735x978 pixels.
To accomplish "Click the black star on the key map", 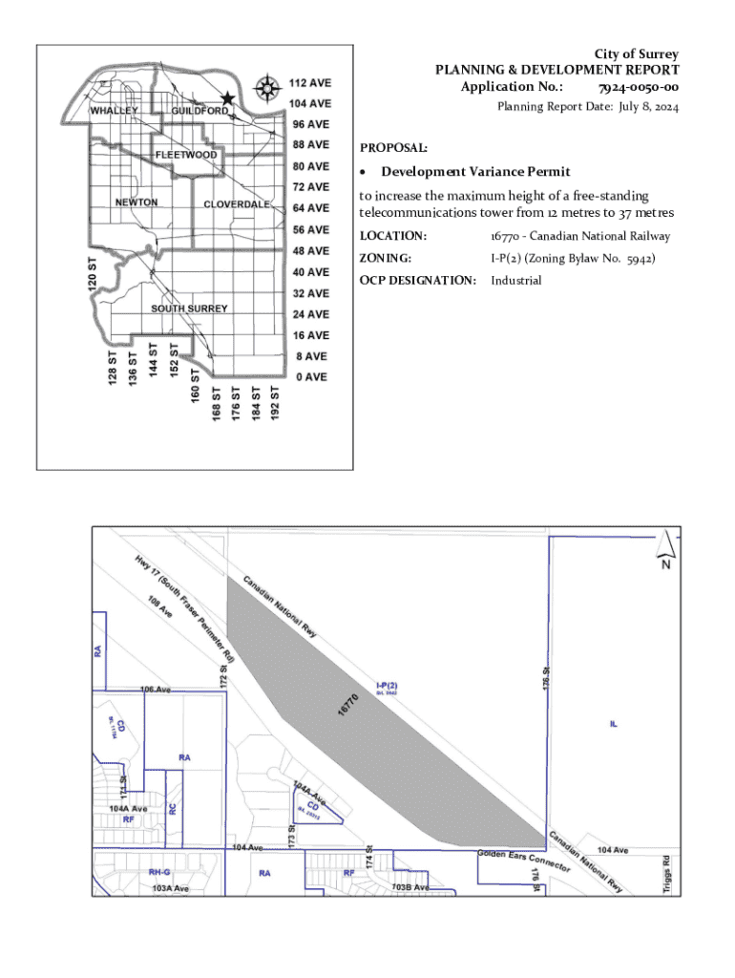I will coord(227,98).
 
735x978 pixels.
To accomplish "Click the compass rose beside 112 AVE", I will coord(268,87).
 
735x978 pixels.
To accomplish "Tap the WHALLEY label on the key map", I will coord(115,111).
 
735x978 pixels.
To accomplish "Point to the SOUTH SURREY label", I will coord(189,308).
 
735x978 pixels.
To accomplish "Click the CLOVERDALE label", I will coord(238,205).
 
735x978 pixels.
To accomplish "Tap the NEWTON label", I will coord(136,202).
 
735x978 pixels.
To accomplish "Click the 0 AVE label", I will coord(310,377).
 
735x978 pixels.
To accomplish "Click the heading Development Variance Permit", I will coord(475,172).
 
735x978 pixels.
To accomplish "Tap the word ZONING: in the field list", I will coord(385,258).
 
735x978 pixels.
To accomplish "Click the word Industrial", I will coord(515,280).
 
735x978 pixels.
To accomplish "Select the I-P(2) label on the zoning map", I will coord(386,685).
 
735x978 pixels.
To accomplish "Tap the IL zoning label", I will coord(614,723).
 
